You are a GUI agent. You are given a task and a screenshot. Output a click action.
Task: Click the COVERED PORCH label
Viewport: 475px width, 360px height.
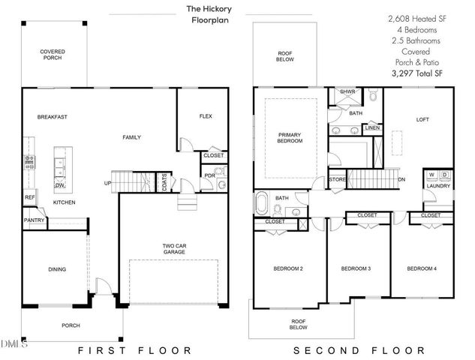tap(53, 55)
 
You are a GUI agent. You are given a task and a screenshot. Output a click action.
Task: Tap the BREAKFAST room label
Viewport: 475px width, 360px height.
tap(53, 117)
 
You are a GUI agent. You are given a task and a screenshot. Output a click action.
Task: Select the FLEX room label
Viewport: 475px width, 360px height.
tap(206, 116)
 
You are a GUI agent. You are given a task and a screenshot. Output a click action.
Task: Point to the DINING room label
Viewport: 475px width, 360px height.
tap(57, 269)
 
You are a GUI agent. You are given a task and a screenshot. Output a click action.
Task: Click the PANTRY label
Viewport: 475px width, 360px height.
tap(35, 220)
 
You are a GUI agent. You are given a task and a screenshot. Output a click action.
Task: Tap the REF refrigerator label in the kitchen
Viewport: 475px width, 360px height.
tap(29, 198)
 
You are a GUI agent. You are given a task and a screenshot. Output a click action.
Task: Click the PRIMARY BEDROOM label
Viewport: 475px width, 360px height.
tap(290, 136)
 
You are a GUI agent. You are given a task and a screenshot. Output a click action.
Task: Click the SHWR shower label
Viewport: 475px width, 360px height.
tap(347, 92)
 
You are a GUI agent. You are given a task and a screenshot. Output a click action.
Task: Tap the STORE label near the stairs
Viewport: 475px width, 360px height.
tap(337, 179)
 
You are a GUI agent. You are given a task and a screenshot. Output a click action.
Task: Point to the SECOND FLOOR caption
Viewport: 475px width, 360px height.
tap(359, 350)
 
